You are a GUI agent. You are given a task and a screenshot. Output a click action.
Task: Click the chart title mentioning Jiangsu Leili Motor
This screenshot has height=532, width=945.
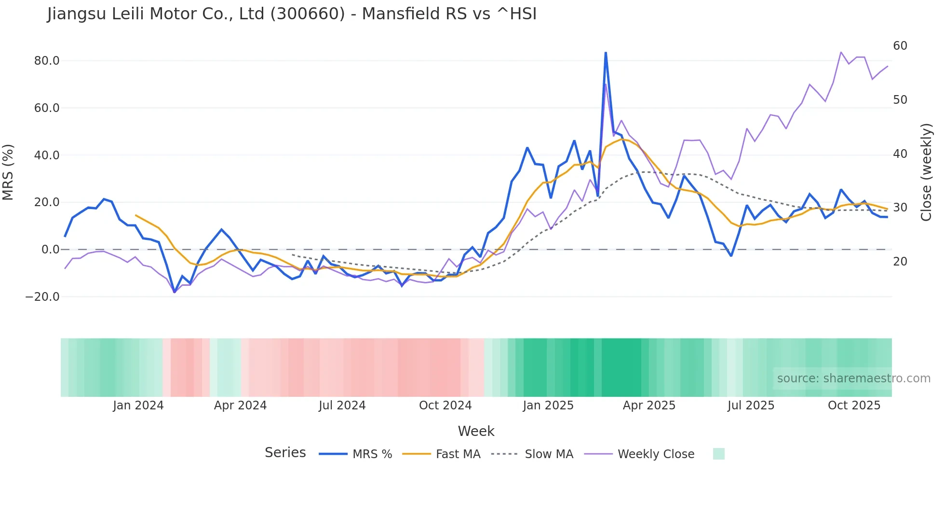point(292,14)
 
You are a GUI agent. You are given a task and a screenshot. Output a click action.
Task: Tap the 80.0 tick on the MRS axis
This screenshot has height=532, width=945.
point(47,61)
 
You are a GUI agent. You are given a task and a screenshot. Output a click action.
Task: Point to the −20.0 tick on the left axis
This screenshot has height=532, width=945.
point(42,297)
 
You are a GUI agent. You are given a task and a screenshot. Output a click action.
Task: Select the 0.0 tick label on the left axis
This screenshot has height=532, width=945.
point(50,250)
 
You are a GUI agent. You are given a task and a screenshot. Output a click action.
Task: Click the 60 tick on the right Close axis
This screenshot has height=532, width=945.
point(900,46)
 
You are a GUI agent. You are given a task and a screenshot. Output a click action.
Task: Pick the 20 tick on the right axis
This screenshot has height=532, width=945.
point(900,262)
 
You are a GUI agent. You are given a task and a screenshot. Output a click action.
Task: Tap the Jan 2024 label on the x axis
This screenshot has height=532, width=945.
point(138,406)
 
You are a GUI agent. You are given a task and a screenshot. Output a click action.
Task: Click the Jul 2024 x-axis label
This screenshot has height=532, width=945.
point(342,406)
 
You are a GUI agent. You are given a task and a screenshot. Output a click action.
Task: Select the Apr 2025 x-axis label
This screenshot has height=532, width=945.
point(649,406)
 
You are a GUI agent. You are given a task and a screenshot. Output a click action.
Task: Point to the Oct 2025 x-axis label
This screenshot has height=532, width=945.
point(854,406)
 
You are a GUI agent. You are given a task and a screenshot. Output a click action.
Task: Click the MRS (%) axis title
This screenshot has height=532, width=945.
point(8,172)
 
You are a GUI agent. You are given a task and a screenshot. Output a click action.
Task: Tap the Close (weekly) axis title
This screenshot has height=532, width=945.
point(926,172)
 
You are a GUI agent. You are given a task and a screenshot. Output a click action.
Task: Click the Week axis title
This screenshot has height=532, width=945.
point(476,431)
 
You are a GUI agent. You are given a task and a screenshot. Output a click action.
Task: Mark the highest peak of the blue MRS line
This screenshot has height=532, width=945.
point(606,53)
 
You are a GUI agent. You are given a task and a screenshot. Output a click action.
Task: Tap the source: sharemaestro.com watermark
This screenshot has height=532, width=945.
point(853,378)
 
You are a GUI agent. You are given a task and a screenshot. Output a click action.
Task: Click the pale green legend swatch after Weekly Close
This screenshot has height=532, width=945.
point(718,454)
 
